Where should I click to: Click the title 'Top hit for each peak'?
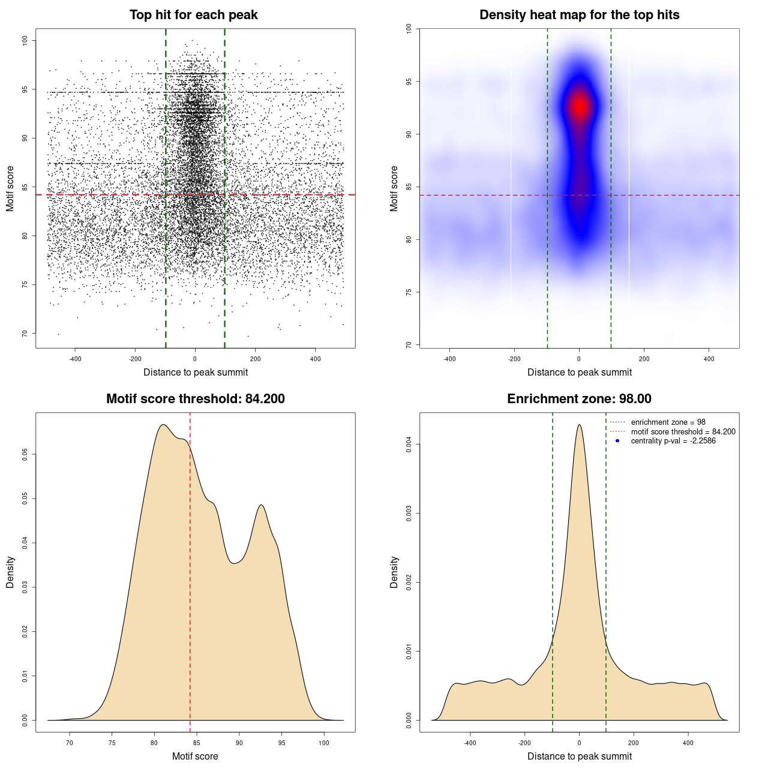(193, 15)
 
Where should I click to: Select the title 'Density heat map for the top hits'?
(579, 15)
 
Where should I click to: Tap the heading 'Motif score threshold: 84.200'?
(195, 399)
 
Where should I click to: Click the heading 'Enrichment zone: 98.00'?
(579, 399)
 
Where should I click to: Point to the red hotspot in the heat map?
(579, 106)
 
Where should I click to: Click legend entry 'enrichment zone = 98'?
(668, 422)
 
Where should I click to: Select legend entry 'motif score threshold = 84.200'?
(683, 432)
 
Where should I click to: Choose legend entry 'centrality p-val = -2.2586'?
(673, 441)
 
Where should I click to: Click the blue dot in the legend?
(617, 441)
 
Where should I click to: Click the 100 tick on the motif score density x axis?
(324, 743)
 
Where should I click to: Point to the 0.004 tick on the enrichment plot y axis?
(409, 445)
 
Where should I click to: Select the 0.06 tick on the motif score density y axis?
(25, 455)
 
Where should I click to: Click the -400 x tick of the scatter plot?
(75, 359)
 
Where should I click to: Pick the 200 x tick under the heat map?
(644, 359)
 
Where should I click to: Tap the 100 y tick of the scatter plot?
(25, 40)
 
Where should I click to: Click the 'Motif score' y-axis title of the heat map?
(394, 188)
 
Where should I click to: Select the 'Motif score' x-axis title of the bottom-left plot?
(195, 756)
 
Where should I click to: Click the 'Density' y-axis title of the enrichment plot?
(394, 572)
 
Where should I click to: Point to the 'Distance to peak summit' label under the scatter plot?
(196, 372)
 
